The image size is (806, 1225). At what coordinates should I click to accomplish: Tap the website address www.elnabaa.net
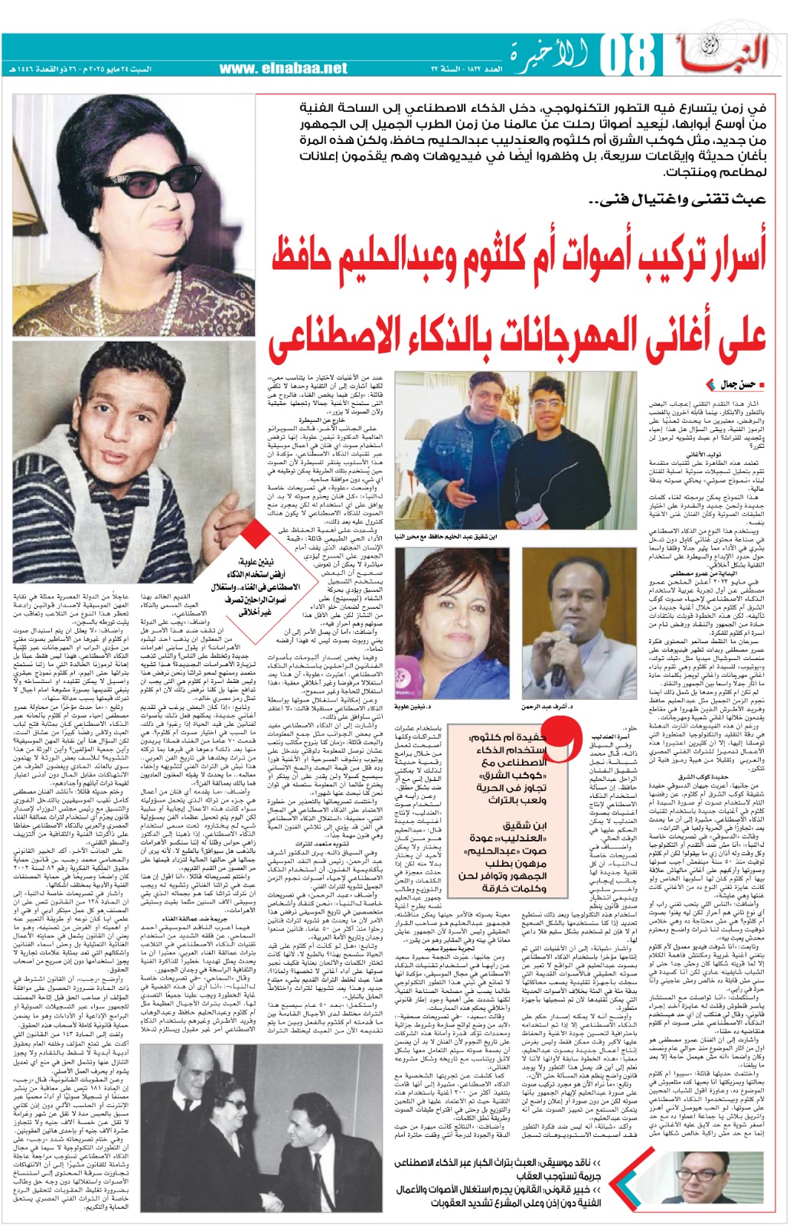(282, 68)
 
